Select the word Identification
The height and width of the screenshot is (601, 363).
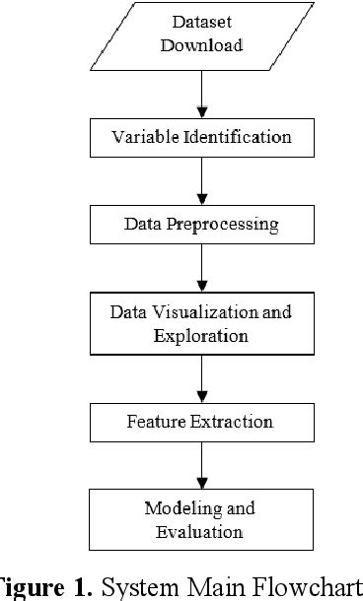pyautogui.click(x=239, y=137)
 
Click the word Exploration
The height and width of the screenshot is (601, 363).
pyautogui.click(x=200, y=335)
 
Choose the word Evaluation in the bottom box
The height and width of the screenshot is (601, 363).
pyautogui.click(x=200, y=532)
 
